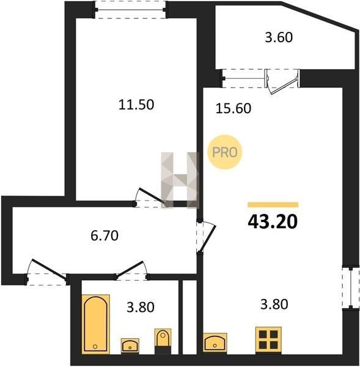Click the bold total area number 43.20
pyautogui.click(x=273, y=221)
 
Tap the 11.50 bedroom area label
pyautogui.click(x=136, y=105)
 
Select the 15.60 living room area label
pyautogui.click(x=233, y=109)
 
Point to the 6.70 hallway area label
pyautogui.click(x=105, y=235)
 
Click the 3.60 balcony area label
pyautogui.click(x=279, y=37)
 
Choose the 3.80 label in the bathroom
pyautogui.click(x=141, y=307)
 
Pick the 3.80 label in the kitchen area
pyautogui.click(x=274, y=305)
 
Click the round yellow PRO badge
pyautogui.click(x=224, y=152)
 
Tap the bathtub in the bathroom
pyautogui.click(x=96, y=323)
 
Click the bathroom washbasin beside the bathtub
pyautogui.click(x=130, y=346)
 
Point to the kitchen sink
pyautogui.click(x=215, y=342)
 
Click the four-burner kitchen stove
pyautogui.click(x=268, y=339)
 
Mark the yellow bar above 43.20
pyautogui.click(x=273, y=205)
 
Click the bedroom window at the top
pyautogui.click(x=130, y=10)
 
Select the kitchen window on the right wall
pyautogui.click(x=351, y=287)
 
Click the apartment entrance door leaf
pyautogui.click(x=49, y=269)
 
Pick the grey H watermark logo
pyautogui.click(x=180, y=180)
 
